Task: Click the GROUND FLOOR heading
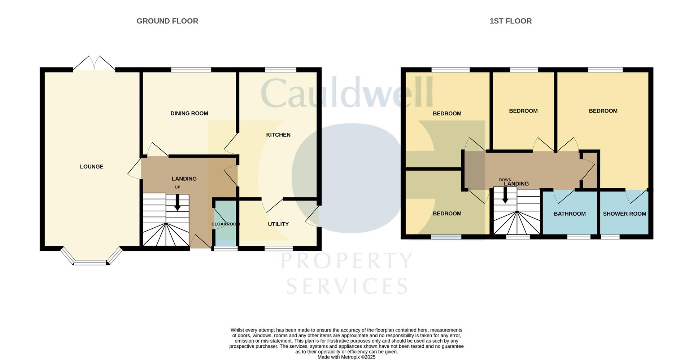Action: (167, 21)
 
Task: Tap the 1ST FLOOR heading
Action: (510, 21)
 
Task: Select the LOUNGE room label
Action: (92, 167)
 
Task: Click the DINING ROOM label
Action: (189, 114)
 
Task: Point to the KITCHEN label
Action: (278, 135)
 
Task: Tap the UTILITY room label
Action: (278, 224)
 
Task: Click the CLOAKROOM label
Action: (225, 224)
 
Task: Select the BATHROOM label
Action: (570, 214)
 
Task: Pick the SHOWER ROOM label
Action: (624, 214)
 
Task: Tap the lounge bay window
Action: (91, 262)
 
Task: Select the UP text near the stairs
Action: (177, 187)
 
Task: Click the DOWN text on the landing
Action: (505, 180)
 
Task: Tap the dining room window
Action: (191, 70)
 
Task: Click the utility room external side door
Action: (313, 216)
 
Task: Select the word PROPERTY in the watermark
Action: (346, 260)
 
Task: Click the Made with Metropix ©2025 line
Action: (346, 357)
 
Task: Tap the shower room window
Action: (610, 237)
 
